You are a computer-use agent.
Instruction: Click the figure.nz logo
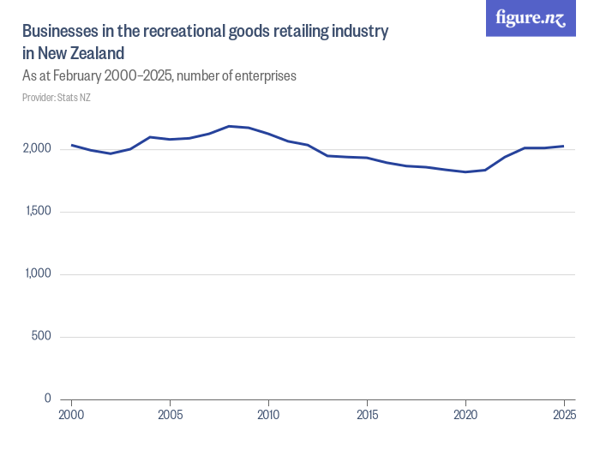[531, 18]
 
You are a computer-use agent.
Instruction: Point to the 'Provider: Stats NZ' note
[57, 97]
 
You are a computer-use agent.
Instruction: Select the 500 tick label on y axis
[42, 336]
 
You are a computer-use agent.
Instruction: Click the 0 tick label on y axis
[48, 399]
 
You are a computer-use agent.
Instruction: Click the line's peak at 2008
[229, 126]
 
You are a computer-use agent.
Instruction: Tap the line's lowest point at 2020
[465, 172]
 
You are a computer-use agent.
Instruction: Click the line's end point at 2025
[563, 146]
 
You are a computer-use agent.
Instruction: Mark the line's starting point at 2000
[71, 145]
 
